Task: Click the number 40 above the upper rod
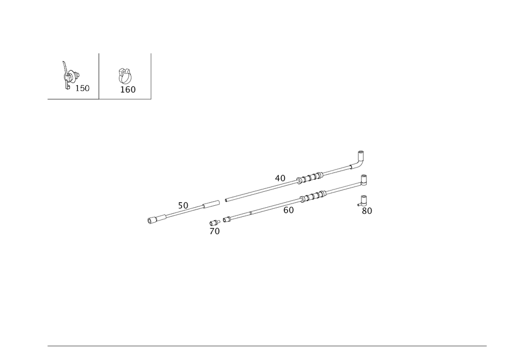tap(280, 178)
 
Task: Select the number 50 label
tap(183, 205)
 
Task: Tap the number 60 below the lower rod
tap(289, 210)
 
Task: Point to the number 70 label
tap(214, 231)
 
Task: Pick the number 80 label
tap(366, 211)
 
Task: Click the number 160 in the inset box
tap(127, 90)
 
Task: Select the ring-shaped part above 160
tap(125, 76)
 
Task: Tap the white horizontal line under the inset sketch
tap(73, 100)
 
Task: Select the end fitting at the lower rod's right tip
tap(364, 180)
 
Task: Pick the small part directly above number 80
tap(363, 199)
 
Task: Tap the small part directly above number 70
tap(214, 221)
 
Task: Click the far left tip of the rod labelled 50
tap(149, 221)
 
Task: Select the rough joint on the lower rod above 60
tap(312, 196)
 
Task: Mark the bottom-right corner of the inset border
tap(152, 100)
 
